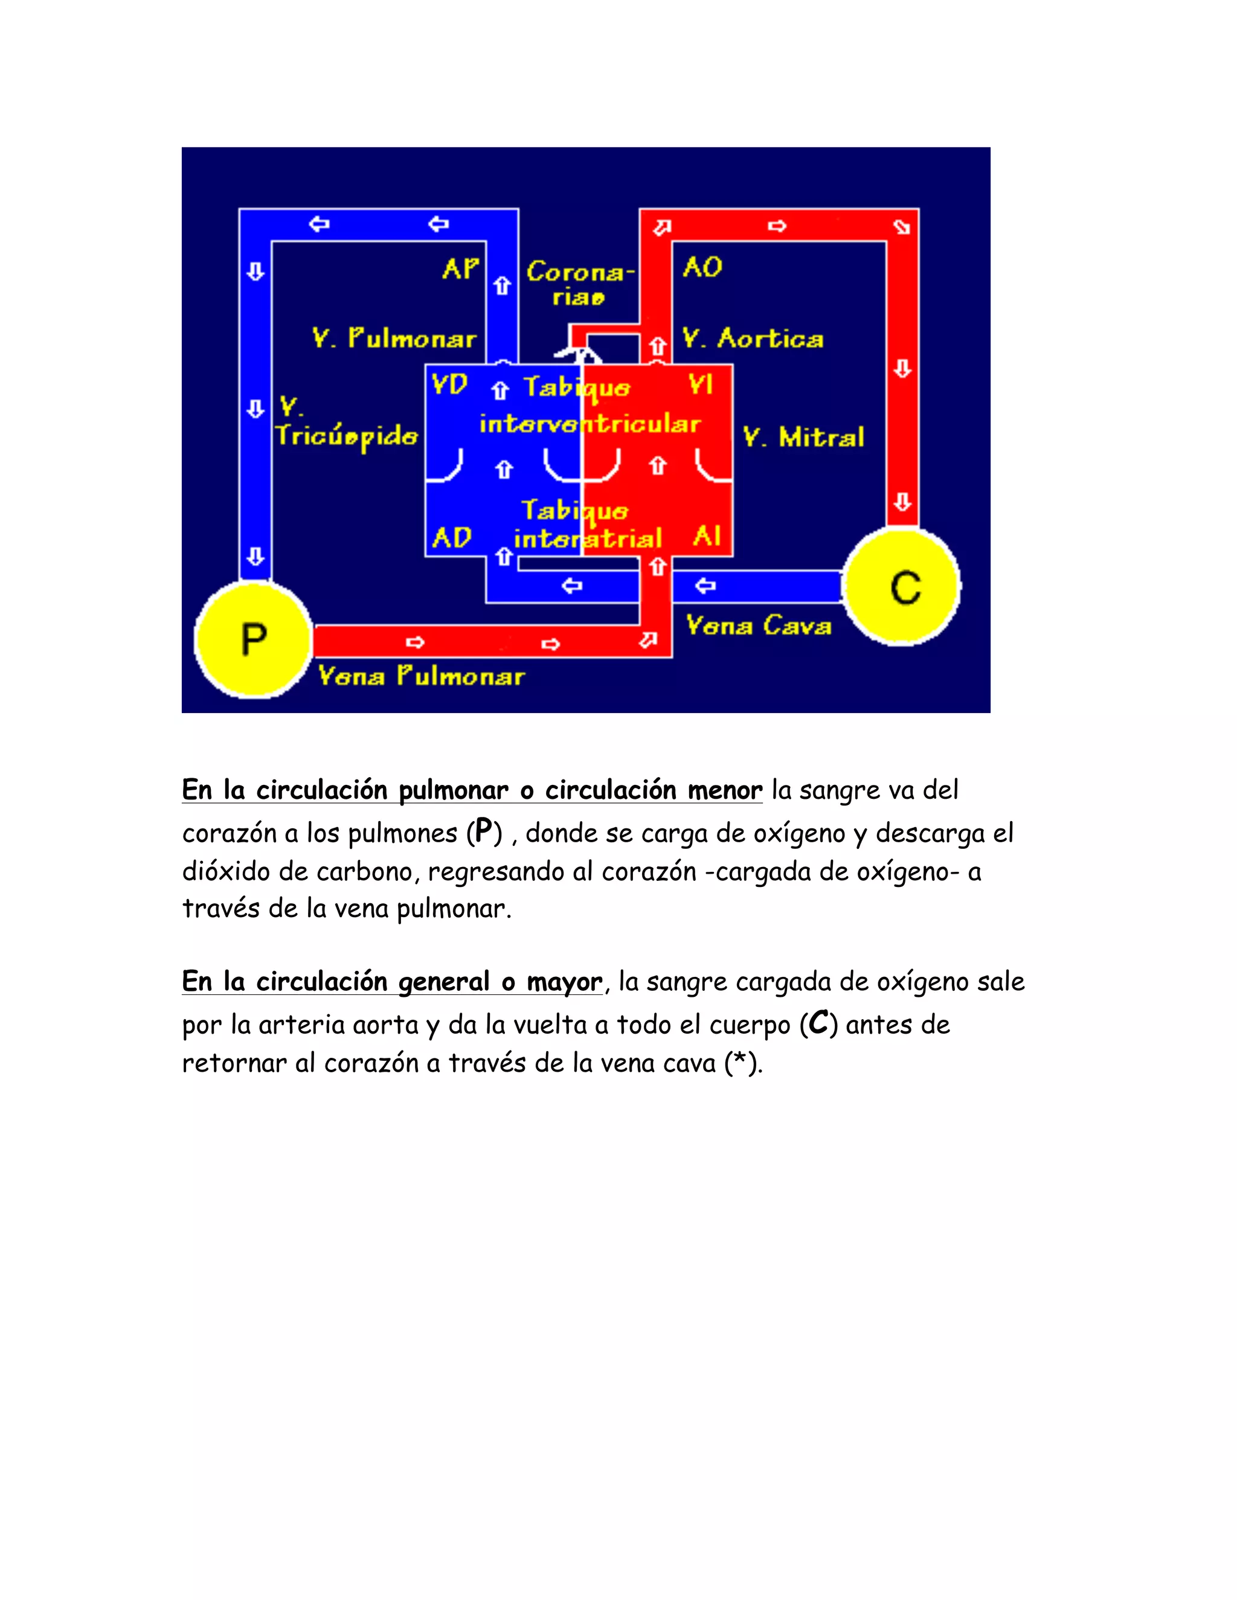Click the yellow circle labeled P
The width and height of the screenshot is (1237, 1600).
[254, 639]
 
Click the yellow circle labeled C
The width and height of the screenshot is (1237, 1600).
[903, 587]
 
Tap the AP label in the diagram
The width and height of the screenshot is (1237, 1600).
[460, 269]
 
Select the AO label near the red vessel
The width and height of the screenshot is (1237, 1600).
[702, 267]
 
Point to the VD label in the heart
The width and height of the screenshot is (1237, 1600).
[449, 385]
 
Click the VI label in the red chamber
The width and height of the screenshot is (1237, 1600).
[700, 385]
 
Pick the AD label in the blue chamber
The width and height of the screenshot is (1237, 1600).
[451, 538]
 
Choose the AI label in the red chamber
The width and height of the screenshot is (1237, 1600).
[707, 536]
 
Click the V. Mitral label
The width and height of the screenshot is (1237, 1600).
[803, 437]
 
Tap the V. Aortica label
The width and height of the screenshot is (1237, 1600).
[753, 339]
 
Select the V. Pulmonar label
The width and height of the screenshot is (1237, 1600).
[394, 339]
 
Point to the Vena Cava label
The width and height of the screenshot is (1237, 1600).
[759, 626]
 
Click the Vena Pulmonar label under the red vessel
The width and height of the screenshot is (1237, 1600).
[422, 676]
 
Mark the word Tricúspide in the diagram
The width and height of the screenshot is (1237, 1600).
[347, 437]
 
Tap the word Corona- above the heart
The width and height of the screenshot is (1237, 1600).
[580, 272]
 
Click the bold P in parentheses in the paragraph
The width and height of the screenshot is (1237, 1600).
[483, 831]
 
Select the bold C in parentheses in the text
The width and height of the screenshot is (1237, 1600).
[818, 1023]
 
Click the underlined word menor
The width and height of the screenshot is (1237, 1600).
[725, 790]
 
